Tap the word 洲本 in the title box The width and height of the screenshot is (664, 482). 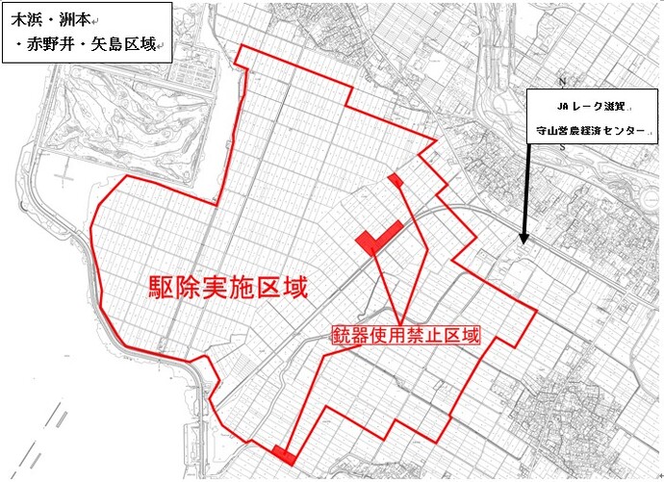(75, 19)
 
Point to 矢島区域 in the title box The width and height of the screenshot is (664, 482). (124, 44)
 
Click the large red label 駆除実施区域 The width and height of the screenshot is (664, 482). (227, 287)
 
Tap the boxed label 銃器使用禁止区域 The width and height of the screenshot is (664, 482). (405, 335)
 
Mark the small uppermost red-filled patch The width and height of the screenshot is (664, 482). (395, 179)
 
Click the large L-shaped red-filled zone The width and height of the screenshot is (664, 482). (375, 237)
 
